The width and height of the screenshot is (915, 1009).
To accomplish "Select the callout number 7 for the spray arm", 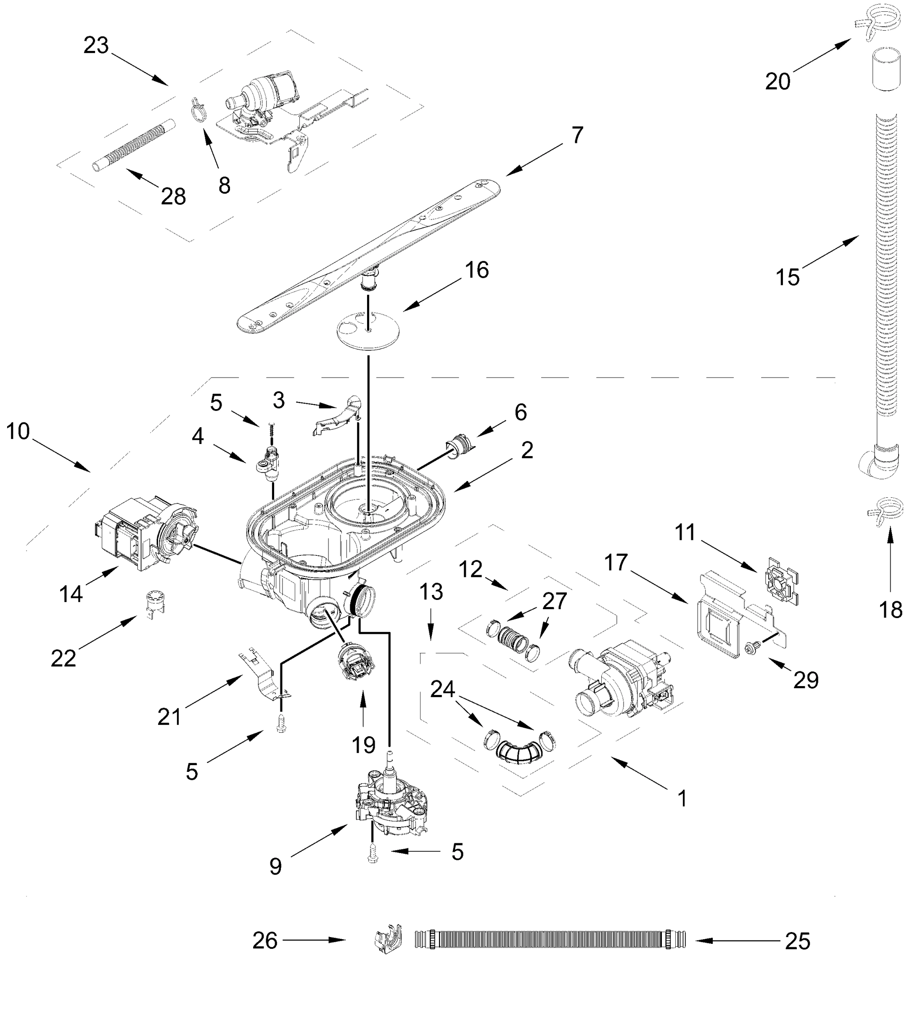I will click(577, 135).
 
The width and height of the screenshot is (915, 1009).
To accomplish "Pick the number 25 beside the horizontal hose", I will click(797, 941).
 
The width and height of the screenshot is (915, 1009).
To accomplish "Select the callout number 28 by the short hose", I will click(173, 197).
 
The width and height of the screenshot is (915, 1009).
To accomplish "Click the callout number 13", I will click(431, 592).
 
